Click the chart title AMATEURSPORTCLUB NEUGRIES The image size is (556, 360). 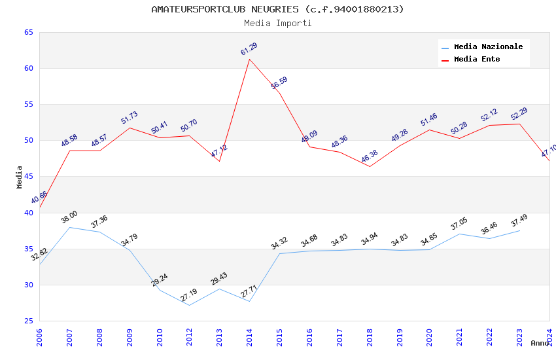277,9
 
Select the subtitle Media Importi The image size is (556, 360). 278,23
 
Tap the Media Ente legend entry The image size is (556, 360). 477,59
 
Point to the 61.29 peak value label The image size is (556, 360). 249,49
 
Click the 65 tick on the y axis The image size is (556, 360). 29,32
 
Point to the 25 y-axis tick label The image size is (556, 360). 29,321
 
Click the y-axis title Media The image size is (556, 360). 20,177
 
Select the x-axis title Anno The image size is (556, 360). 540,343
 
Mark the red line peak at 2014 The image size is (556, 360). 249,60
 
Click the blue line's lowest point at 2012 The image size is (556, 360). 189,305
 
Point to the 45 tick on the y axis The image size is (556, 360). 29,177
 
